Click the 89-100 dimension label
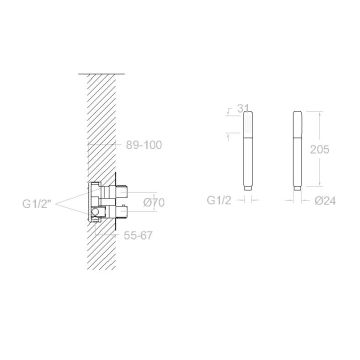click(144, 145)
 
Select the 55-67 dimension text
click(138, 235)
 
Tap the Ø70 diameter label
click(154, 202)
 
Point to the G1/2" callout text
click(36, 203)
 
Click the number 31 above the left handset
click(243, 108)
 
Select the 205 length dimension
click(319, 149)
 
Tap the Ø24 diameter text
click(325, 201)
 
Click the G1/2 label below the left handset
click(219, 200)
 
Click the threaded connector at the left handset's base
click(247, 188)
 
